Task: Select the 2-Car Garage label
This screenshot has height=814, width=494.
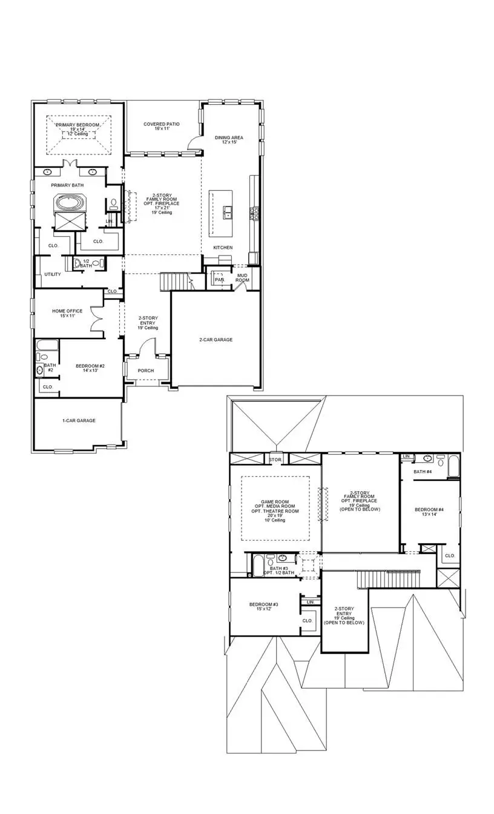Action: (x=216, y=340)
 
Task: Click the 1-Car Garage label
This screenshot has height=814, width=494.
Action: (x=79, y=420)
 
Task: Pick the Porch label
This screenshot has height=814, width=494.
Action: (x=145, y=371)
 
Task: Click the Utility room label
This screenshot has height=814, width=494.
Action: (x=53, y=274)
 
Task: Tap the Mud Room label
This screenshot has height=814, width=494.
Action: (x=242, y=277)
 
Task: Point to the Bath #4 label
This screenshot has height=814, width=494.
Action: (x=423, y=471)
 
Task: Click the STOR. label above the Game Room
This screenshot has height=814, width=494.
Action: (x=275, y=460)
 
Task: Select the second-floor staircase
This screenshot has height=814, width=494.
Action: (x=387, y=579)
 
